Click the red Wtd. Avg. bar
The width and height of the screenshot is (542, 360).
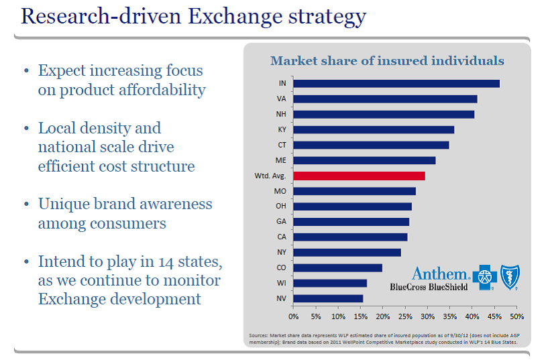(359, 176)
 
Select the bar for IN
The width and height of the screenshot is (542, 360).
(396, 84)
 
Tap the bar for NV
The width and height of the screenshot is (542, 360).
(328, 298)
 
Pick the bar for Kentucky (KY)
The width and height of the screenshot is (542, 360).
(374, 129)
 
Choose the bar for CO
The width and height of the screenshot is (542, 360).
(337, 267)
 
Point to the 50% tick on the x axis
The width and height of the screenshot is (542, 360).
(517, 315)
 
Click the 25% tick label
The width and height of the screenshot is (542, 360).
(405, 315)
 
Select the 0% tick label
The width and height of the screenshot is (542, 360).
(293, 315)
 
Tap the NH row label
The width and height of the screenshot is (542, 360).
(282, 114)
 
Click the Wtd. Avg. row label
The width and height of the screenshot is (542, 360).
(270, 176)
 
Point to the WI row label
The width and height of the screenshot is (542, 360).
(282, 283)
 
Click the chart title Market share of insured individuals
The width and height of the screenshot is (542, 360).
(387, 61)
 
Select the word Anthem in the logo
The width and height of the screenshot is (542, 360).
(439, 273)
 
